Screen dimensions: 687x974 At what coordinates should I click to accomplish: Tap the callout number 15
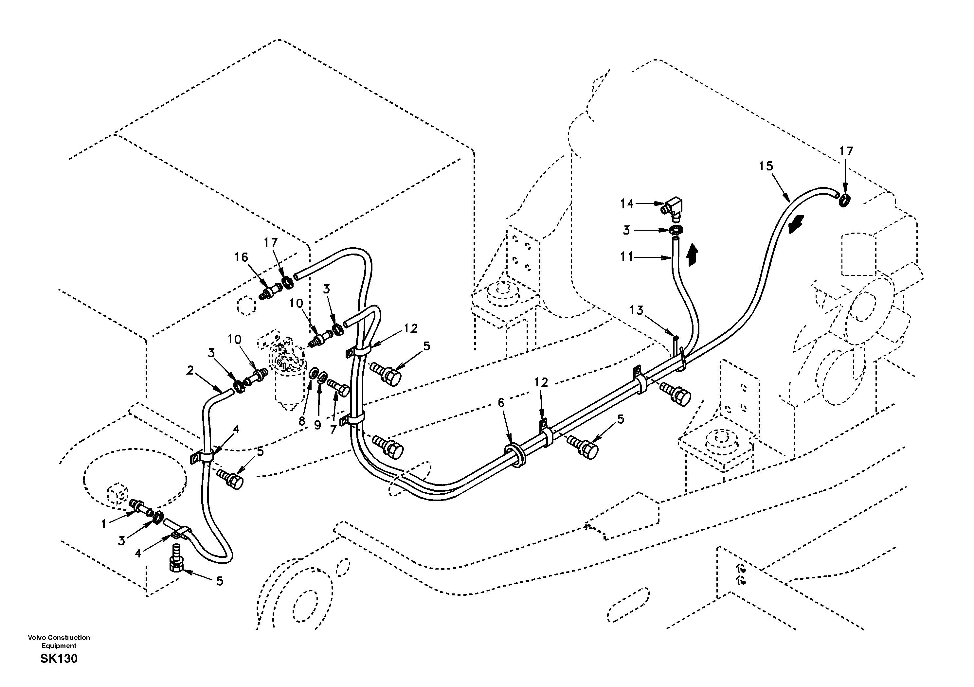click(x=766, y=166)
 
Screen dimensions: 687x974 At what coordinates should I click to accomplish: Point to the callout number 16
click(x=241, y=257)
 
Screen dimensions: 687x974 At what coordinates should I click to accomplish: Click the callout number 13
click(x=636, y=310)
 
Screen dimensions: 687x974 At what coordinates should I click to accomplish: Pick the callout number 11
click(x=626, y=256)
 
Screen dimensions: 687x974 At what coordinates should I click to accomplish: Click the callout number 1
click(x=103, y=525)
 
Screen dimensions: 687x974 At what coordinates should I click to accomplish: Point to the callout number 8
click(x=302, y=421)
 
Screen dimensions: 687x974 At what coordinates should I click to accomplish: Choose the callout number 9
click(x=317, y=425)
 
